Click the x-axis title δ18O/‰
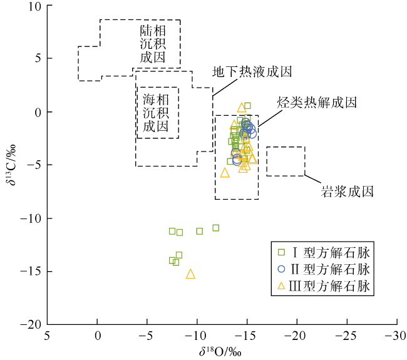point(220,351)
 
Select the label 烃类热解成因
point(317,102)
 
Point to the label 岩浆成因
point(348,191)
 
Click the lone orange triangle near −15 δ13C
point(190,274)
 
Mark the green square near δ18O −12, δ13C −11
point(215,228)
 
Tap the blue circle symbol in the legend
point(281,270)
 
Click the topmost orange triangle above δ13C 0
point(242,108)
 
